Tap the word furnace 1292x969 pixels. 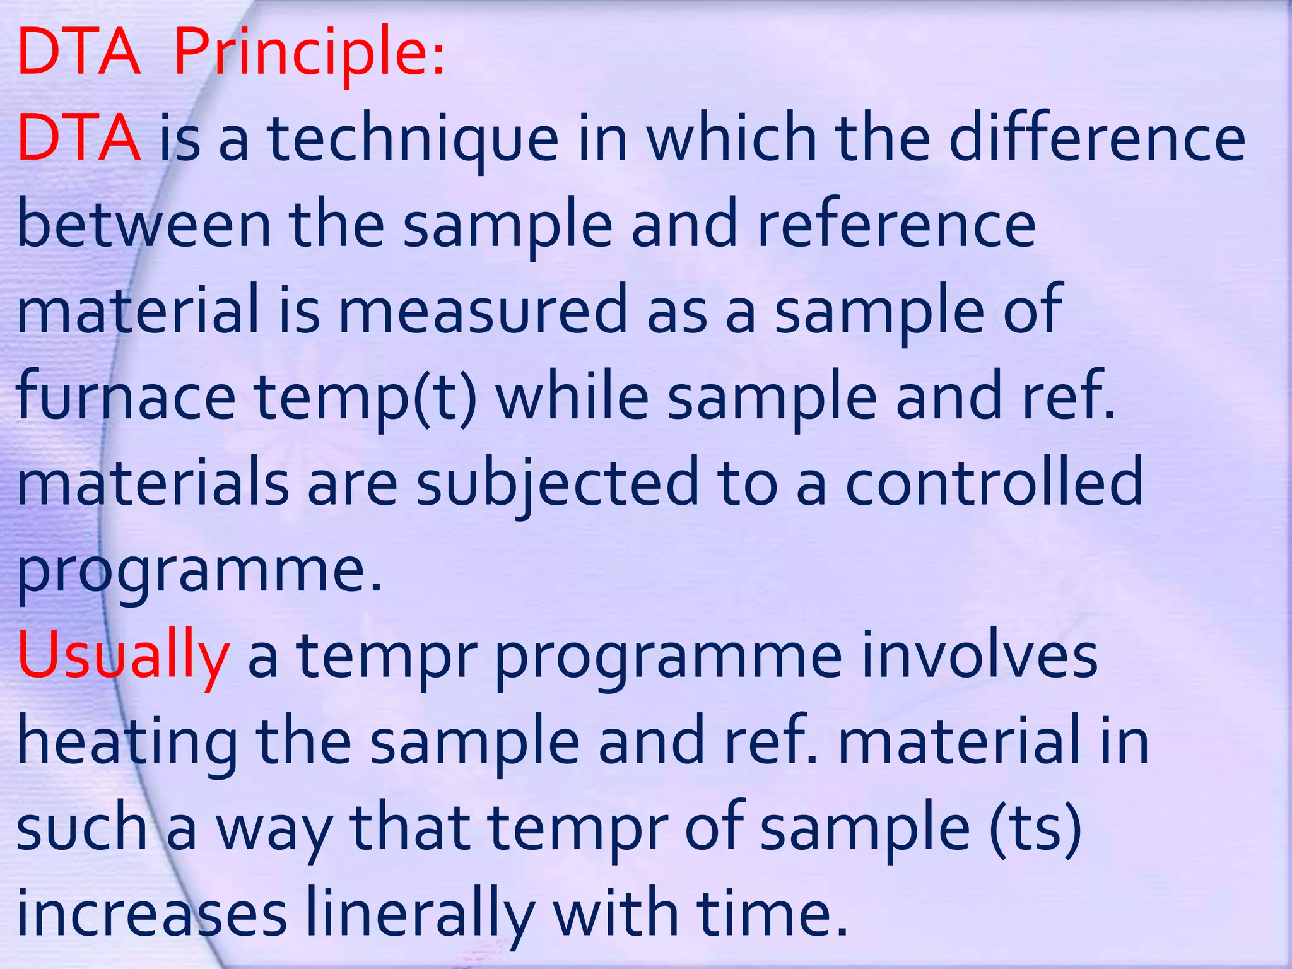[126, 397]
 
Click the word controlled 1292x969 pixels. [994, 483]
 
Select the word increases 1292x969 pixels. [151, 915]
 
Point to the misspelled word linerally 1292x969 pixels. [420, 915]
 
